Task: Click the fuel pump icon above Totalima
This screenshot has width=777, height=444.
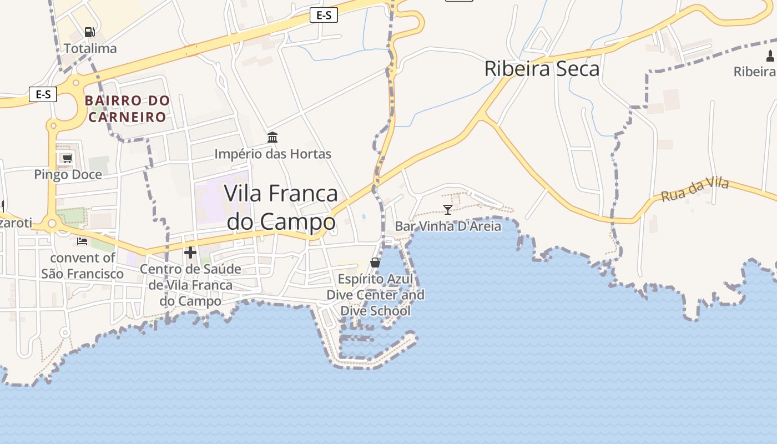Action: coord(89,32)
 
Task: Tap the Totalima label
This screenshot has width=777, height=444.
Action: coord(90,48)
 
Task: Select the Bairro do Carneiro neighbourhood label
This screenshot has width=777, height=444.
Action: coord(127,109)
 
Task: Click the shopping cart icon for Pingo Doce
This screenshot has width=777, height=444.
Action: coord(67,158)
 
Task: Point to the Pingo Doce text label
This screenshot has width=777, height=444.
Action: coord(68,174)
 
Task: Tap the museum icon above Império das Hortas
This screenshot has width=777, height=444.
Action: coord(273,137)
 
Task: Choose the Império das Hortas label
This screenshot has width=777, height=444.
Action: coord(273,154)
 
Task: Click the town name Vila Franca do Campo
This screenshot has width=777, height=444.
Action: coord(281,207)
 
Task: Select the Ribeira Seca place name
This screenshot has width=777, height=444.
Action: coord(542,69)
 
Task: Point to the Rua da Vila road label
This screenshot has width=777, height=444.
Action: coord(694,190)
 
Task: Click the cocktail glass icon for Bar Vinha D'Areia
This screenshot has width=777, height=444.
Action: coord(448,209)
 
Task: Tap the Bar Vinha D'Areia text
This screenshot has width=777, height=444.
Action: coord(448,226)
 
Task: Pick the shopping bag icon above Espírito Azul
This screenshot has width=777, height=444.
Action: coord(375,262)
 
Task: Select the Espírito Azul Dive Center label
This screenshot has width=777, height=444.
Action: coord(376,294)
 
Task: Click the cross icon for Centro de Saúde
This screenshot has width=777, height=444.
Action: coord(190,253)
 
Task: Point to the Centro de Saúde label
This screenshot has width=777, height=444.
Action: coord(190,285)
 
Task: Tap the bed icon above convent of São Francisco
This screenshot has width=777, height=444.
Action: coord(82,241)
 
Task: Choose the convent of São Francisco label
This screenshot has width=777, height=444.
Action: coord(83,265)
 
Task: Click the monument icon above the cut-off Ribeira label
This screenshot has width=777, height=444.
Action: coord(770,56)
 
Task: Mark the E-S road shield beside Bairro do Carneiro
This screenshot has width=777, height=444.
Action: coord(43,94)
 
